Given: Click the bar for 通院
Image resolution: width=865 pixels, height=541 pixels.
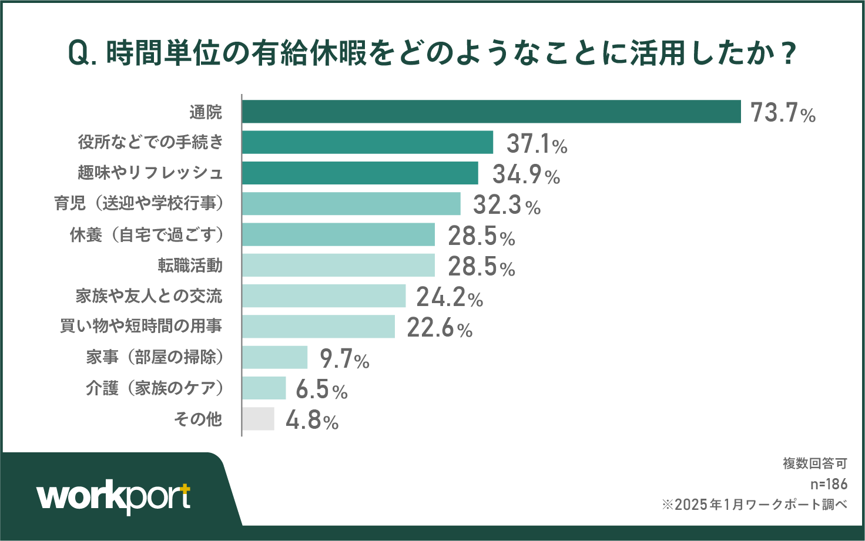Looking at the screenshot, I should (491, 112).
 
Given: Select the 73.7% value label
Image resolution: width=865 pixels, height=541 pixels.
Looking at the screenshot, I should (783, 112).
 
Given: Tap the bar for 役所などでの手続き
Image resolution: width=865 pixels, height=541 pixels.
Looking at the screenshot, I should (367, 142).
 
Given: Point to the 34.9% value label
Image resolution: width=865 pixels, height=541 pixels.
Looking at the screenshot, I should (526, 174).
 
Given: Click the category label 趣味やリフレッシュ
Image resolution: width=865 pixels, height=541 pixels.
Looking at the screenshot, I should (150, 173).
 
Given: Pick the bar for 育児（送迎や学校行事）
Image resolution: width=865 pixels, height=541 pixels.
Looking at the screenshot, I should (351, 204).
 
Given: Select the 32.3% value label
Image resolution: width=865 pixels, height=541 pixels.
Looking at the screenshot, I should (507, 205).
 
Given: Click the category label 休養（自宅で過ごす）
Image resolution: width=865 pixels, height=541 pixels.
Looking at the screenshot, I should (147, 234).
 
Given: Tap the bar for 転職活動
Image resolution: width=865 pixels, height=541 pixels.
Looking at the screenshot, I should (338, 265).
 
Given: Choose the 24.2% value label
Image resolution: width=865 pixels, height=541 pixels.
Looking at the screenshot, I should (450, 297).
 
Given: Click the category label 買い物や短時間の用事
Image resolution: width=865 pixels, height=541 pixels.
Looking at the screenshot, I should (141, 326).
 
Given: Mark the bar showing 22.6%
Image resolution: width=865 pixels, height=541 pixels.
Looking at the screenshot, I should (318, 327).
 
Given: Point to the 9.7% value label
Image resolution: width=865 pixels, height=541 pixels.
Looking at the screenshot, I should (344, 358).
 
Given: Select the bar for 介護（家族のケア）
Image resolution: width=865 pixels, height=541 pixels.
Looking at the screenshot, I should (264, 388).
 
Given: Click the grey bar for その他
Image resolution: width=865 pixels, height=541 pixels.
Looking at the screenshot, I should (258, 419).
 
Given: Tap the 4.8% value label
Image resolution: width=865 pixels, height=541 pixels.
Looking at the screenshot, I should (312, 421).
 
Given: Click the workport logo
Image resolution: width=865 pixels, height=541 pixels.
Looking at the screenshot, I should (114, 498).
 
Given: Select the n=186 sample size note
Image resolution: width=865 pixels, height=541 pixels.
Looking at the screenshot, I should (829, 484).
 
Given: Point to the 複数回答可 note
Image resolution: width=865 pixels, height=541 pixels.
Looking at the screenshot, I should (814, 463).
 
